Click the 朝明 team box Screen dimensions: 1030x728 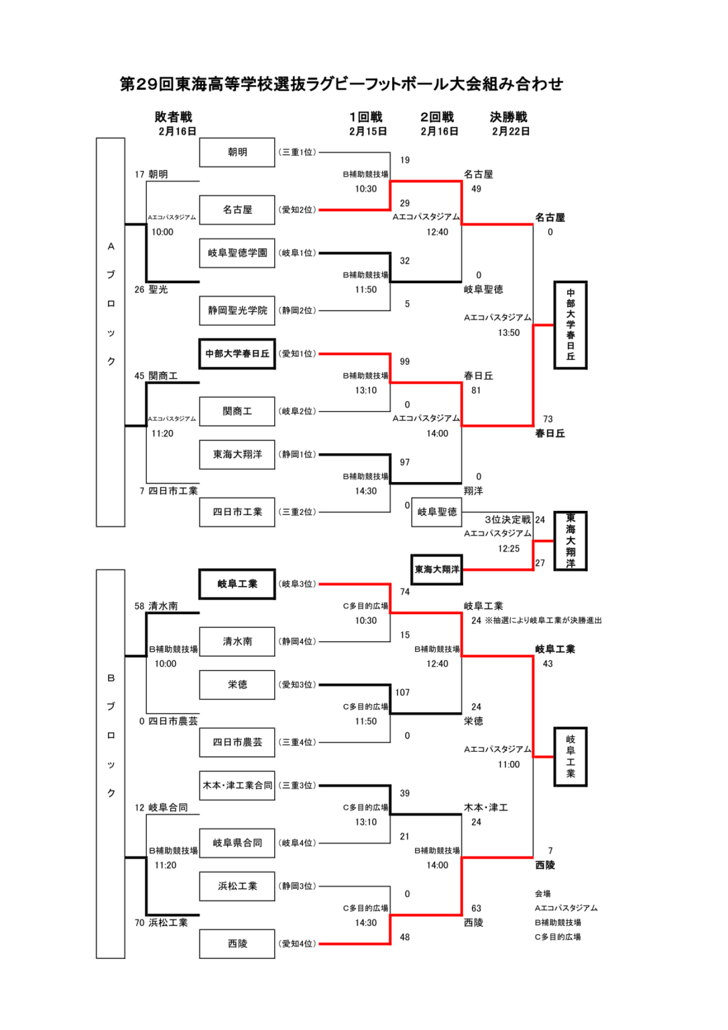coord(237,152)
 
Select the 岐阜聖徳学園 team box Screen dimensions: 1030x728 coord(237,253)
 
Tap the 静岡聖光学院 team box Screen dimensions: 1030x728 coord(237,310)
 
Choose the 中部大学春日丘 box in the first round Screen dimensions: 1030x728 coord(237,353)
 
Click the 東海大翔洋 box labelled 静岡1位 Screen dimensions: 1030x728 coord(237,454)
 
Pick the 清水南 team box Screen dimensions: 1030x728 coord(237,641)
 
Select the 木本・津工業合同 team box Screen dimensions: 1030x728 coord(237,785)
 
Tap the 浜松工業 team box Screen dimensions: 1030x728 coord(237,886)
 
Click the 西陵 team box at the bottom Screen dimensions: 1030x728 coord(237,943)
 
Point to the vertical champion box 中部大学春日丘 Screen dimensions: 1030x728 coord(570,325)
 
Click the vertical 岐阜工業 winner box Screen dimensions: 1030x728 coord(570,756)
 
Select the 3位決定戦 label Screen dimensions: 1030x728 coord(507,520)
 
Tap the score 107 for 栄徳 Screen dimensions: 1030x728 coord(402,692)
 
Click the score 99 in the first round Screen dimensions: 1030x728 coord(405,361)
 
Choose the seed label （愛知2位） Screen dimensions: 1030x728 coord(297,210)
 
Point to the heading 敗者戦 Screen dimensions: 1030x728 coord(174,117)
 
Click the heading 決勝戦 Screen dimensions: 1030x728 coord(509,117)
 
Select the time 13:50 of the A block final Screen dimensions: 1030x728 coord(509,333)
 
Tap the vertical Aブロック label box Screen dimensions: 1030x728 coord(111,332)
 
